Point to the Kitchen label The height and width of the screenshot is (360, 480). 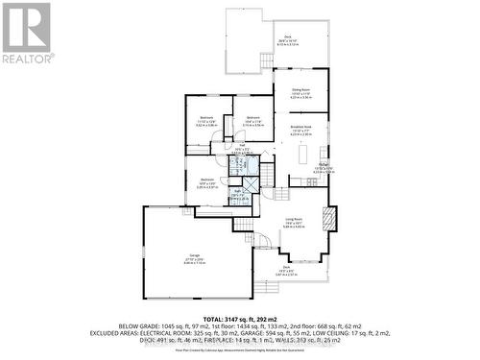(x=324, y=165)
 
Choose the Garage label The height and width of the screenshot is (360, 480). (x=194, y=254)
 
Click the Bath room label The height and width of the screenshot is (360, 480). (x=236, y=193)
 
